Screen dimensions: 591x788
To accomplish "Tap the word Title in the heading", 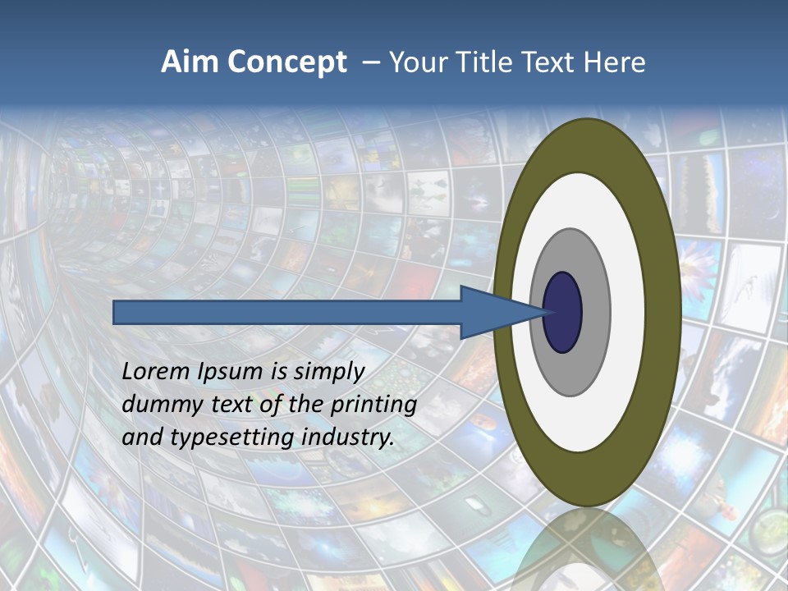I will click(x=490, y=62).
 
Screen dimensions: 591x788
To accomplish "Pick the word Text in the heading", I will click(x=551, y=62).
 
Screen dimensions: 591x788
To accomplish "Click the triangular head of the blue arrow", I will click(x=492, y=312).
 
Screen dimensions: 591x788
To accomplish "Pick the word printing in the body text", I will click(x=373, y=405).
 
